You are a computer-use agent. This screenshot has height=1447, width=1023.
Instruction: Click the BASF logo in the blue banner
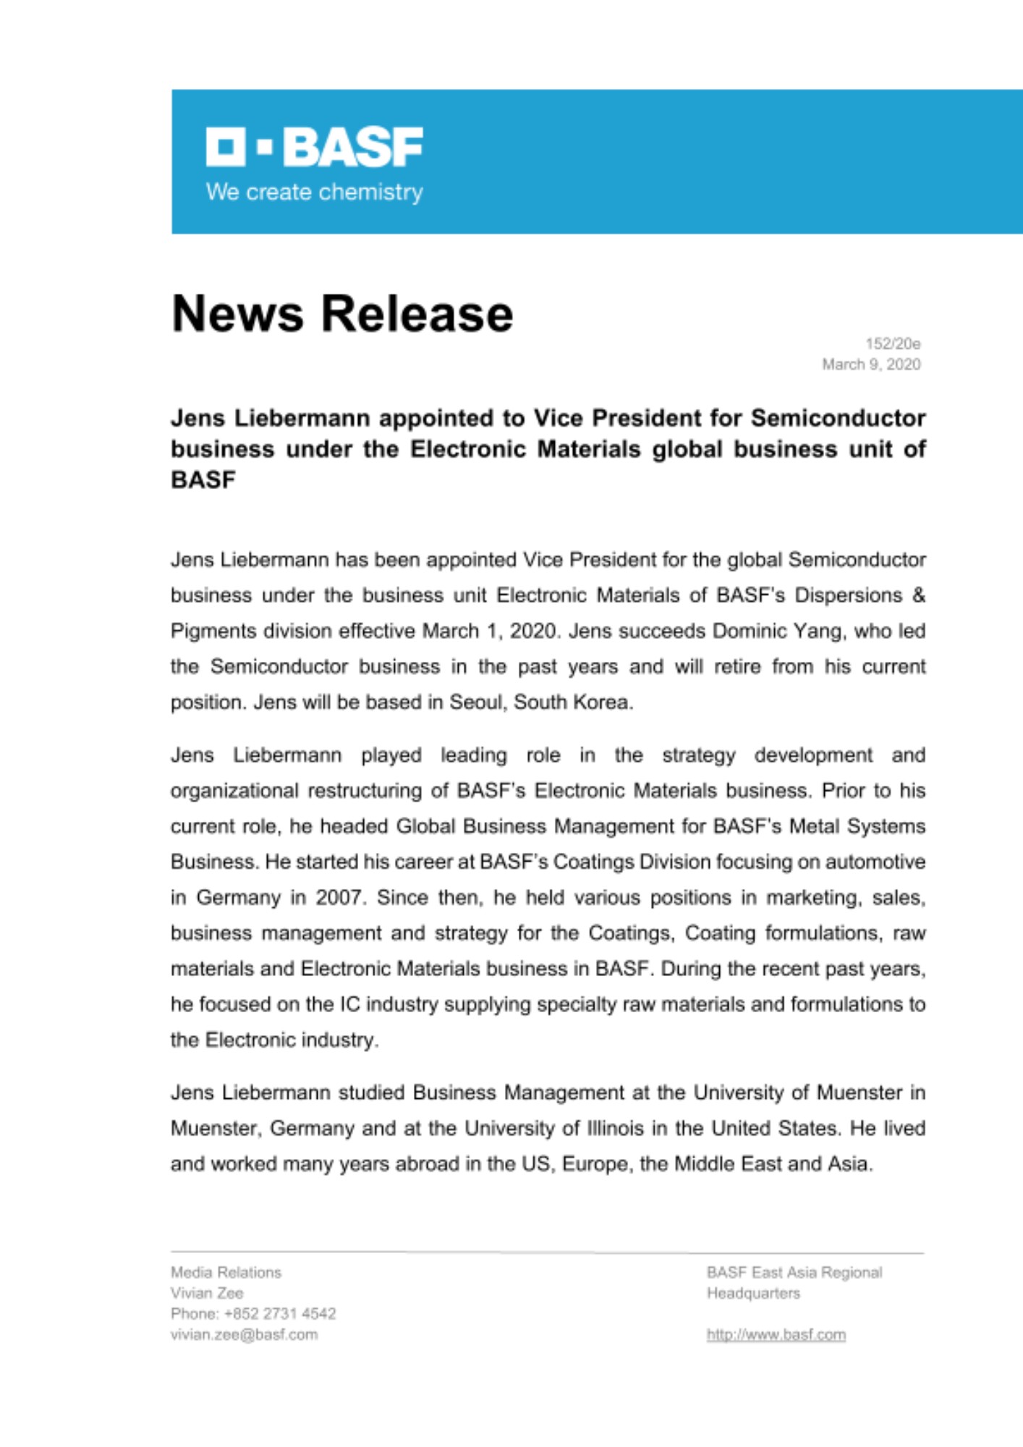[x=314, y=147]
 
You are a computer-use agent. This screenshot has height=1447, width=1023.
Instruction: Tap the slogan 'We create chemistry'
[x=314, y=192]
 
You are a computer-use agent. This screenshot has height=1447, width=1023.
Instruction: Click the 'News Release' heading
[x=342, y=314]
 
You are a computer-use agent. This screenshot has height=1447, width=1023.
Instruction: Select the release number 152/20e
[x=893, y=344]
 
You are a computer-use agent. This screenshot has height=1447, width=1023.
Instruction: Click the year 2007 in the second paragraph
[x=341, y=897]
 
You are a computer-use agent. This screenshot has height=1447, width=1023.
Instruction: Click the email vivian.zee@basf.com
[x=244, y=1335]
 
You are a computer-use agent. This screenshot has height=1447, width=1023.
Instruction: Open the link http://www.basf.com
[x=776, y=1335]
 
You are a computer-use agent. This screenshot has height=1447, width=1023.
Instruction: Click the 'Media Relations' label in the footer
[x=226, y=1272]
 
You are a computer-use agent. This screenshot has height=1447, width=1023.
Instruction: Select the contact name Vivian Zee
[x=207, y=1293]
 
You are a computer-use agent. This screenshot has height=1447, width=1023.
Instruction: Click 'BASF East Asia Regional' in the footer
[x=794, y=1272]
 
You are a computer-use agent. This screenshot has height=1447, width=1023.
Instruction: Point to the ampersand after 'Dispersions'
[x=918, y=595]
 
